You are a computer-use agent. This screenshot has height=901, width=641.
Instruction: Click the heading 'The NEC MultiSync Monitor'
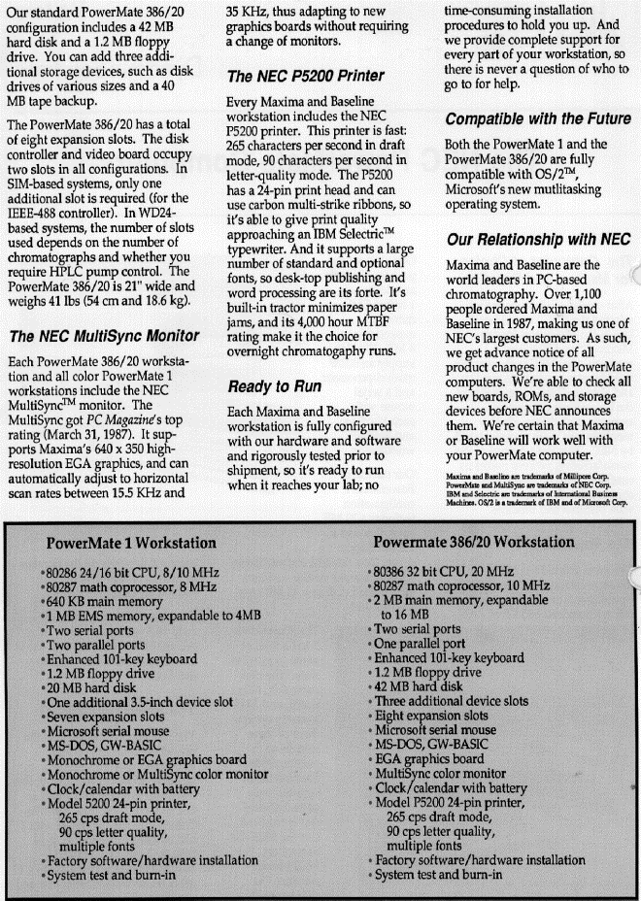click(103, 338)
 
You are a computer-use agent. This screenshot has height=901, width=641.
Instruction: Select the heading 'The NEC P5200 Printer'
click(305, 76)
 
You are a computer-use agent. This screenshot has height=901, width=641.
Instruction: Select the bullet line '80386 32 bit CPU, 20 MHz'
click(445, 573)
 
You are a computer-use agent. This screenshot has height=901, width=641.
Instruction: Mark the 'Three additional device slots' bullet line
click(451, 700)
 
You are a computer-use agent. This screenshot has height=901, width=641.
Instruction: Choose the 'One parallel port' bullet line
click(423, 644)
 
